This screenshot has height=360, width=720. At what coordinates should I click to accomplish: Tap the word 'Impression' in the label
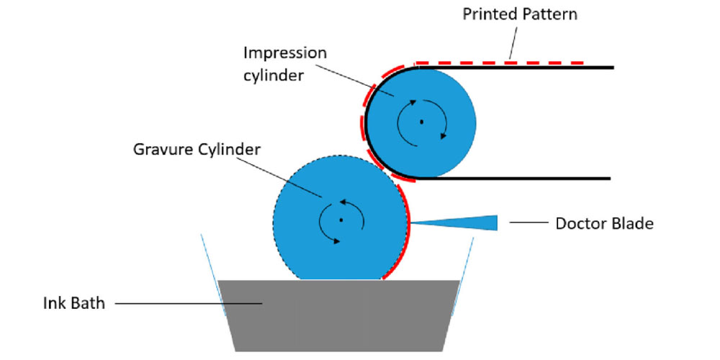[x=284, y=53]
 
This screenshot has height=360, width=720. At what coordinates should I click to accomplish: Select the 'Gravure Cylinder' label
[x=197, y=150]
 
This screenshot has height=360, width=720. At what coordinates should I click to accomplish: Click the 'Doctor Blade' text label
[x=604, y=223]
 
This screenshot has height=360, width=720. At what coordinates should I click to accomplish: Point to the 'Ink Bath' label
[x=73, y=303]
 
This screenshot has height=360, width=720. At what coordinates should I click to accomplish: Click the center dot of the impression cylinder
[x=421, y=122]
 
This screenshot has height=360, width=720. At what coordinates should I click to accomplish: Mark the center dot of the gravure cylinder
[x=341, y=220]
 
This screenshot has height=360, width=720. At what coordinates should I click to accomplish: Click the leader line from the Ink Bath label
[x=187, y=303]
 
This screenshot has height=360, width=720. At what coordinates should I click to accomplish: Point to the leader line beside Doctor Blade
[x=527, y=223]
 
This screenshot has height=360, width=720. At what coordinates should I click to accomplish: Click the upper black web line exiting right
[x=540, y=68]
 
